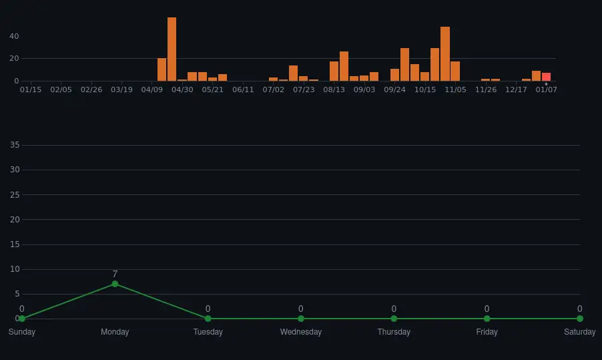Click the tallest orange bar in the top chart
[172, 49]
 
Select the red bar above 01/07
[546, 77]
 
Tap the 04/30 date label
[182, 89]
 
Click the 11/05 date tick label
[455, 89]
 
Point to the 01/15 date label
[31, 89]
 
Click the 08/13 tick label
[334, 89]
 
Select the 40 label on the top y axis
[14, 36]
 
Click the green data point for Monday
[115, 284]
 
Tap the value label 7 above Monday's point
[115, 274]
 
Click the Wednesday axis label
[300, 332]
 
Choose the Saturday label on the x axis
[579, 332]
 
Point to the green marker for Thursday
[394, 319]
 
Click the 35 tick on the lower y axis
[15, 145]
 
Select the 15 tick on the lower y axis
[15, 244]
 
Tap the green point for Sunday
[22, 319]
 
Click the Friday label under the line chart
[487, 332]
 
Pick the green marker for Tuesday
[208, 319]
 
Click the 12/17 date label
[516, 89]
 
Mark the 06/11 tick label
[243, 89]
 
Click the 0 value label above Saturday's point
[579, 309]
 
